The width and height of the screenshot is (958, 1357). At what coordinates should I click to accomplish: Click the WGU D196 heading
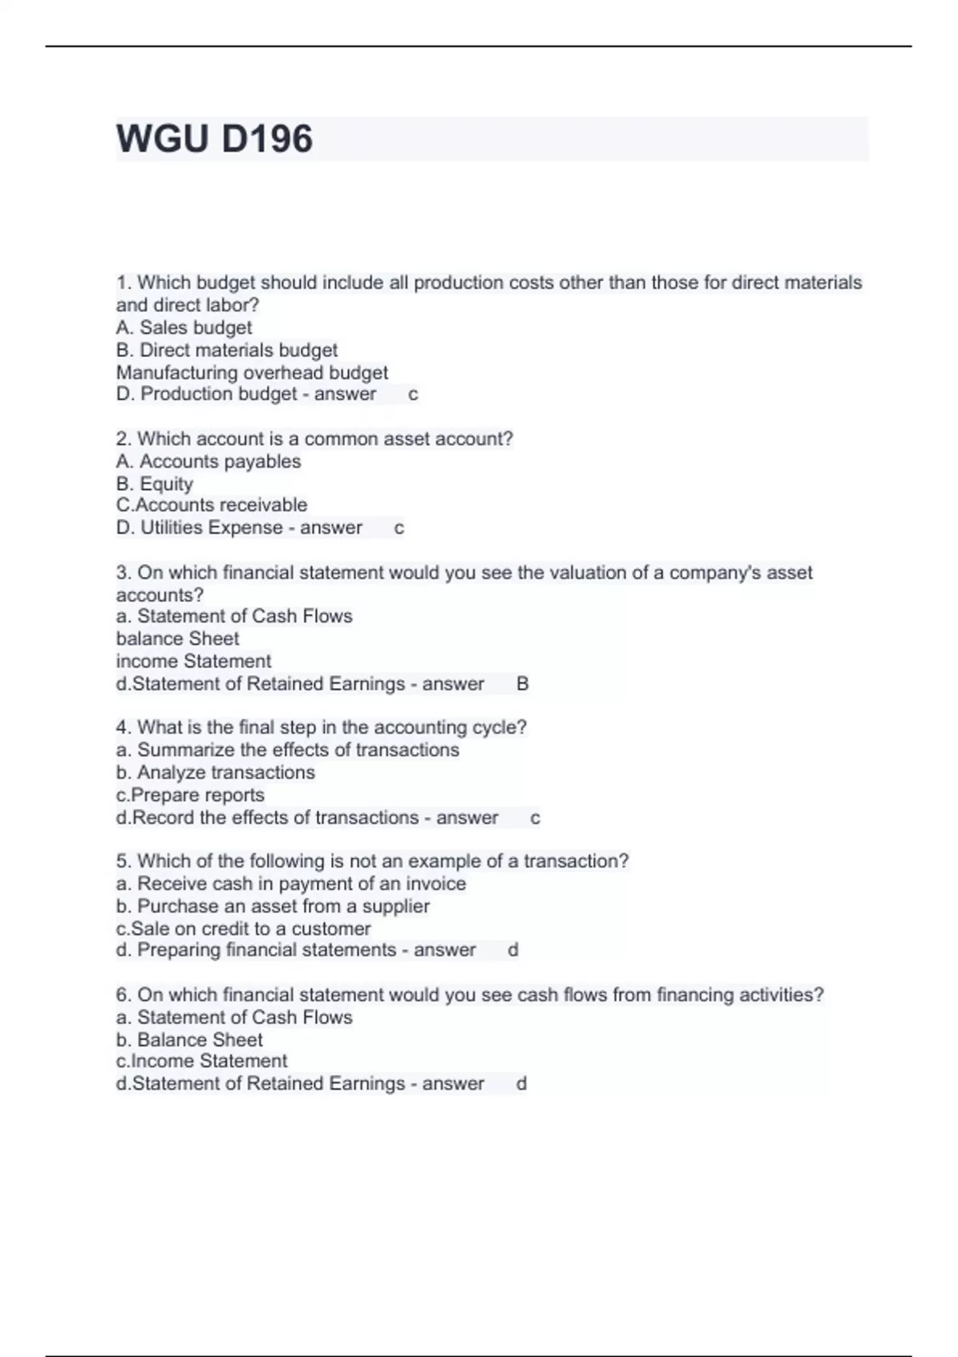(215, 139)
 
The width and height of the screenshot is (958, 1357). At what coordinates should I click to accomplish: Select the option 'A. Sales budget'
(184, 327)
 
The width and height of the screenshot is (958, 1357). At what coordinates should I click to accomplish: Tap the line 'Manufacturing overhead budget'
(252, 373)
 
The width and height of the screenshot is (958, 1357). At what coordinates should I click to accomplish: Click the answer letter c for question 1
(413, 394)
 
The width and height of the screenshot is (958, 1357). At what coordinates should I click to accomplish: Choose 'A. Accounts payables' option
(208, 461)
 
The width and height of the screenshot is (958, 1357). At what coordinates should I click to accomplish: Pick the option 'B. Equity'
(155, 484)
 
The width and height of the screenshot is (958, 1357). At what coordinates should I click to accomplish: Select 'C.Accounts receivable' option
(212, 505)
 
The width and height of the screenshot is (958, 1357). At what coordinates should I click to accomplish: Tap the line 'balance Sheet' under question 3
(177, 639)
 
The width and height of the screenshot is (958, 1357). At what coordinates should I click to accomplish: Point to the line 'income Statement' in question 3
(194, 661)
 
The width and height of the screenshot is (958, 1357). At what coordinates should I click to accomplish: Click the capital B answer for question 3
(523, 684)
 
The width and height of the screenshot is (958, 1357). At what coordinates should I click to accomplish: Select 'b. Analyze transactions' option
(216, 773)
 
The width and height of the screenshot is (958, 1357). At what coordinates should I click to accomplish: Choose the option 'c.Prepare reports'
(190, 795)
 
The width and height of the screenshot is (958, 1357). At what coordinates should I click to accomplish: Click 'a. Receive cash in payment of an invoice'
(291, 884)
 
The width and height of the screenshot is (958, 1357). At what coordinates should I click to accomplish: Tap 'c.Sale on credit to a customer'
(243, 928)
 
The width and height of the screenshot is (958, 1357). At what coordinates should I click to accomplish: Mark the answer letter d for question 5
(513, 950)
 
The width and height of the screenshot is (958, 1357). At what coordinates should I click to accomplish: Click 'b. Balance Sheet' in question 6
(189, 1039)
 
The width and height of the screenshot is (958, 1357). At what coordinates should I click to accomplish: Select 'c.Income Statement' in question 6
(202, 1061)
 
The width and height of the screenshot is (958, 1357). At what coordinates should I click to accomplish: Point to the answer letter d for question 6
(521, 1084)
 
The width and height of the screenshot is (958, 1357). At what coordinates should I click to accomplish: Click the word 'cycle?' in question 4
(500, 727)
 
